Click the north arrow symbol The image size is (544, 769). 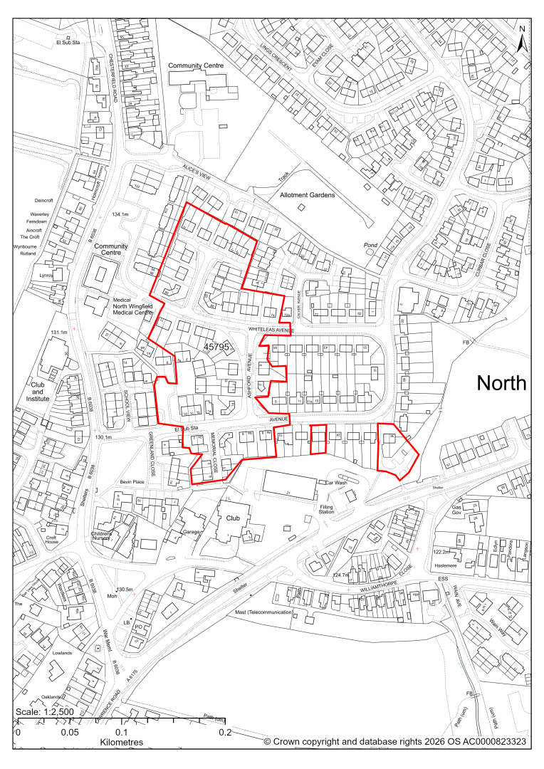(x=522, y=39)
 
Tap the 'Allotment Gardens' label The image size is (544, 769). (x=308, y=194)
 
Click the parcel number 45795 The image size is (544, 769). (x=219, y=346)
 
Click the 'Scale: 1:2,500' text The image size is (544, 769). (x=46, y=713)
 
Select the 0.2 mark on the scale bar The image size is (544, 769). (x=225, y=732)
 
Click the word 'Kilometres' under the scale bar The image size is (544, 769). (x=121, y=742)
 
